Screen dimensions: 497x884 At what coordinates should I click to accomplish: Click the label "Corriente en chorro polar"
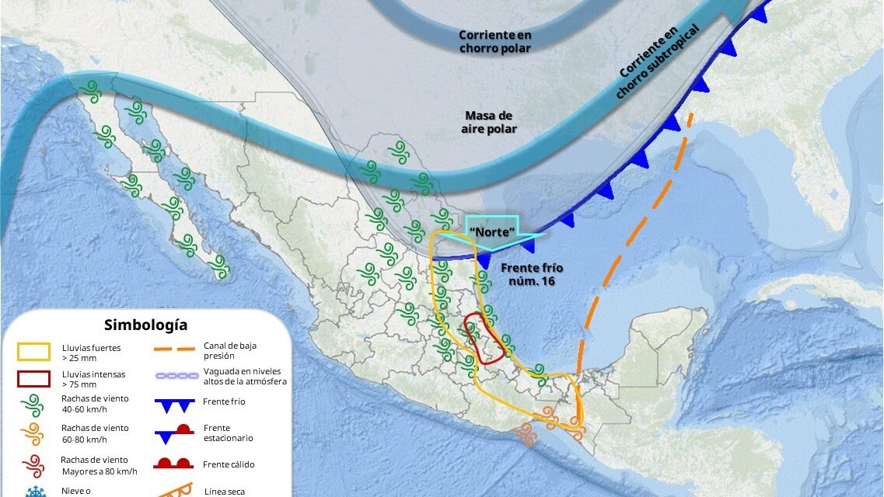coord(494,41)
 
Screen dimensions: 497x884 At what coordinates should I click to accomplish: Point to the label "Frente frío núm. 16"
coord(531,274)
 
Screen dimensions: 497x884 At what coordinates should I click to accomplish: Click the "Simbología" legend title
coord(146,325)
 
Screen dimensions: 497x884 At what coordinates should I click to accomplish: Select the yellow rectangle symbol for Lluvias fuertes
coord(34,353)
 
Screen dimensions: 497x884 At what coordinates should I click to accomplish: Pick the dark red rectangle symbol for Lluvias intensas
coord(34,379)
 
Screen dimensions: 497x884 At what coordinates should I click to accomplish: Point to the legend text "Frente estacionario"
coord(227,433)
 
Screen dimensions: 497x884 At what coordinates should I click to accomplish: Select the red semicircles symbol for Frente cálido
coord(173,464)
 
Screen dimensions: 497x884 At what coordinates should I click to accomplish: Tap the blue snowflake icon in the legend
coord(34,492)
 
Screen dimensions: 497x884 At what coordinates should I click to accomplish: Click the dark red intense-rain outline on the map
coord(483,339)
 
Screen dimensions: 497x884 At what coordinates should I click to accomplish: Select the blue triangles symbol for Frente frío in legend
coord(173,405)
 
